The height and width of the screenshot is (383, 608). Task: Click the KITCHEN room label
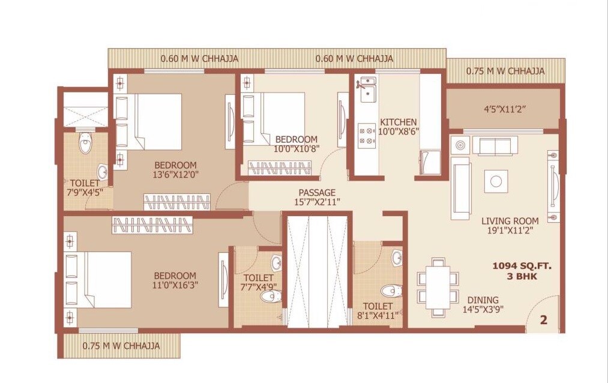point(398,122)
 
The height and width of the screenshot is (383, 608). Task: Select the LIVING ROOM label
point(510,221)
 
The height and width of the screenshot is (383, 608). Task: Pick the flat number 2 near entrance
point(544,320)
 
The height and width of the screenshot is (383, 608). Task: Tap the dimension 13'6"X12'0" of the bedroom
point(175,175)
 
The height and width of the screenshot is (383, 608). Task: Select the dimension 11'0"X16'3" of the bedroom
point(175,285)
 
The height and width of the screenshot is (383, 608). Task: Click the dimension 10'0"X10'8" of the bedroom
point(296,148)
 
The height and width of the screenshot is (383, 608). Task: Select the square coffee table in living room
point(496,181)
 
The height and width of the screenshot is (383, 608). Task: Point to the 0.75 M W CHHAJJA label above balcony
point(505,71)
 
